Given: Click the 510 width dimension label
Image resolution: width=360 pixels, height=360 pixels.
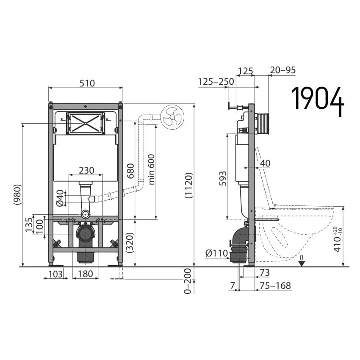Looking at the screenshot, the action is [x=87, y=83].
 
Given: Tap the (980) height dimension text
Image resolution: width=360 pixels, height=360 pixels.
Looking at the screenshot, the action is [x=18, y=194].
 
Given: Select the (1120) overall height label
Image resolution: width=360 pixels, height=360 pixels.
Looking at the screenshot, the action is [x=188, y=185].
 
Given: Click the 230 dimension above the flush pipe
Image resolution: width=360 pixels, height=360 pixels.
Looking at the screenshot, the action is [x=86, y=170].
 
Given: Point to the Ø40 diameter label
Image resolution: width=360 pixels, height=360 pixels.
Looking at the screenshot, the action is [x=60, y=198].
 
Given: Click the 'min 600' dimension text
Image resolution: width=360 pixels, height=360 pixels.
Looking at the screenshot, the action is [x=152, y=169].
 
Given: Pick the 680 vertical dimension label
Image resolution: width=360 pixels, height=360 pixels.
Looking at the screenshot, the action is [x=130, y=171].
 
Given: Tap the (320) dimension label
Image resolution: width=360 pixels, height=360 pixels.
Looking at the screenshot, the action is [x=130, y=243].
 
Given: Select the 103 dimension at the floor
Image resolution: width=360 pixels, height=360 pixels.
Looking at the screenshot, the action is [x=55, y=274].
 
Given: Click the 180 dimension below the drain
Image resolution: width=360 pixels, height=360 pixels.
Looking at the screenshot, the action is [x=86, y=274].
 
